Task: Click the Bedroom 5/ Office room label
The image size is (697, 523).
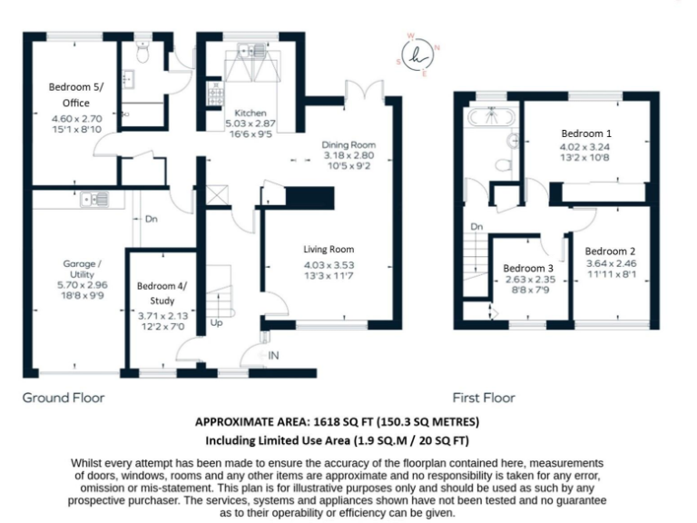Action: (75, 93)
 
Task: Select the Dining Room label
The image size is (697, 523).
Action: (349, 144)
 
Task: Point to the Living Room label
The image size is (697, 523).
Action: (328, 249)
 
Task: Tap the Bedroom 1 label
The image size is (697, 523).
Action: (584, 133)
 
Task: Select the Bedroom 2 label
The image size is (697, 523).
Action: (609, 251)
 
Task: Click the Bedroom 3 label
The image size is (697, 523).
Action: (528, 269)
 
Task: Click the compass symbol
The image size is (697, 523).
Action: (418, 56)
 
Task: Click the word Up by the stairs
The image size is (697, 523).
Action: (215, 321)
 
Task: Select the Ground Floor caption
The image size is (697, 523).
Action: (64, 398)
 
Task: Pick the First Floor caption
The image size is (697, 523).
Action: (484, 398)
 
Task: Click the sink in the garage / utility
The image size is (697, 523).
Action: (93, 198)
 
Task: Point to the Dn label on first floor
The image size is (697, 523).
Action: (476, 227)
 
